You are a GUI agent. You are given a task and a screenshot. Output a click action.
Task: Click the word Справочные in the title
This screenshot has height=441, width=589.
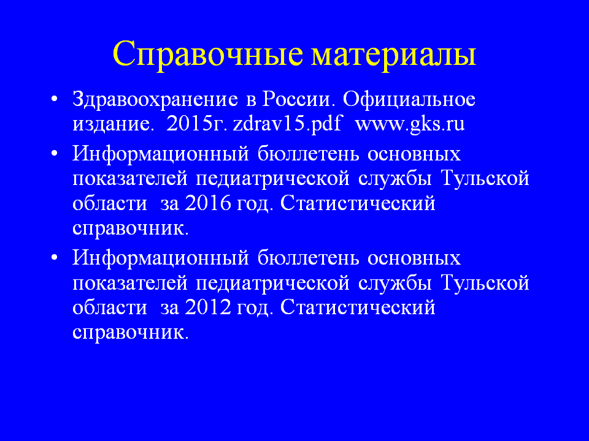click(x=208, y=55)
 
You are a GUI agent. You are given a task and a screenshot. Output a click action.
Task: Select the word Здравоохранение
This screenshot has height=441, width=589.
click(x=155, y=100)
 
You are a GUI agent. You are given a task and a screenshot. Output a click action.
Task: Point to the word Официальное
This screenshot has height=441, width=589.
click(x=409, y=100)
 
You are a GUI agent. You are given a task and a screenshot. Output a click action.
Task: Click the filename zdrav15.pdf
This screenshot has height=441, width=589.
click(x=287, y=124)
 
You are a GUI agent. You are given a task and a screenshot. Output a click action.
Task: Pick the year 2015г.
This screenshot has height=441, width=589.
click(x=197, y=124)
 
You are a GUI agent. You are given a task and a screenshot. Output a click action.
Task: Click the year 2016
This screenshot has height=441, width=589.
click(x=208, y=203)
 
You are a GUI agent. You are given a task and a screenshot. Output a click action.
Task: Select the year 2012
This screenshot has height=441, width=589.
click(x=208, y=307)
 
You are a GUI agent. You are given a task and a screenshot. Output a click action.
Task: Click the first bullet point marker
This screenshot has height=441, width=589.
click(x=55, y=100)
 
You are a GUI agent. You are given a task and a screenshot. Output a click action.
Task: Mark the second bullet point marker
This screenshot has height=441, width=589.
click(x=55, y=154)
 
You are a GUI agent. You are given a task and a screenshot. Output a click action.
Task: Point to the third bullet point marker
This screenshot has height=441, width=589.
click(x=55, y=258)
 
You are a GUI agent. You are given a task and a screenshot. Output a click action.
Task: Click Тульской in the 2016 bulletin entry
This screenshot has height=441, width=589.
click(x=485, y=178)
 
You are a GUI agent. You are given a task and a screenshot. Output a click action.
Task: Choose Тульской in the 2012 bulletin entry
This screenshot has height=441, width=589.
click(x=485, y=282)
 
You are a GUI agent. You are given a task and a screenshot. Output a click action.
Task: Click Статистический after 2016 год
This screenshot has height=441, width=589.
click(x=358, y=203)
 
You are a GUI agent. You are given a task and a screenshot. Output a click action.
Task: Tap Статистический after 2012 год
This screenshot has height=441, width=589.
click(x=358, y=307)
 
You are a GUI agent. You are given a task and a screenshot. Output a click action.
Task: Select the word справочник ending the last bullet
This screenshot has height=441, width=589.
click(x=130, y=333)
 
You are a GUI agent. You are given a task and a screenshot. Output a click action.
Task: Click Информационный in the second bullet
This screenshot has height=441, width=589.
click(x=161, y=154)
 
